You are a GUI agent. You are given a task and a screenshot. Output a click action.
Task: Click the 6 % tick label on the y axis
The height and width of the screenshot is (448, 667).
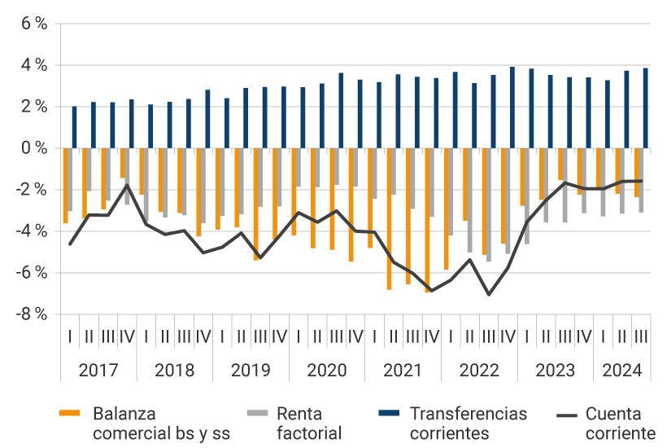click(x=33, y=24)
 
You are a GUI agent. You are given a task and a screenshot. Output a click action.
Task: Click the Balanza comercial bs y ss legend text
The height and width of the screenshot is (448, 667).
click(x=161, y=423)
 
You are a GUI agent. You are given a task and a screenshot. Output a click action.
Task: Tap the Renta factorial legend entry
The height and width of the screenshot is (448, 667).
click(x=310, y=423)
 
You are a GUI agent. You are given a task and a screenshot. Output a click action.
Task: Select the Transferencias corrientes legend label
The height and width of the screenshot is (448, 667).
click(x=468, y=423)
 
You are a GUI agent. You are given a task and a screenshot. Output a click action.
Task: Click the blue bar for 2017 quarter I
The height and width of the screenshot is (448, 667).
click(x=74, y=127)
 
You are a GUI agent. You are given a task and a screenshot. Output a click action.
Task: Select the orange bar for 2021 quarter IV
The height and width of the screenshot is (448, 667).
click(x=427, y=220)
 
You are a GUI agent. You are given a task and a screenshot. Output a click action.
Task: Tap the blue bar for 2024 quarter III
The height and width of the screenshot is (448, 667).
click(x=645, y=108)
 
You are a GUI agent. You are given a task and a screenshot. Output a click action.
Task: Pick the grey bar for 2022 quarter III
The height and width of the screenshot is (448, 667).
click(x=489, y=204)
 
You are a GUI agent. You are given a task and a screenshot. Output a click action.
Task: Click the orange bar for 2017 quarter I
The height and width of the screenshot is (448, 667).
click(x=65, y=186)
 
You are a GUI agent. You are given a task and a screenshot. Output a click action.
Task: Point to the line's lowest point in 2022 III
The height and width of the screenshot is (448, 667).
click(x=489, y=294)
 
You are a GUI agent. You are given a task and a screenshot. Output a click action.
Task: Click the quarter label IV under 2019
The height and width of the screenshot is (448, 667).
click(x=279, y=336)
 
